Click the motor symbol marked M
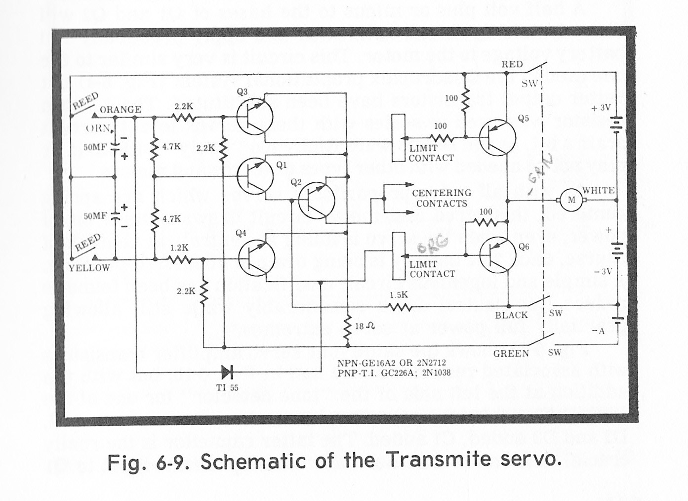pyautogui.click(x=572, y=200)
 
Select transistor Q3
pyautogui.click(x=254, y=117)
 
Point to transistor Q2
pyautogui.click(x=317, y=200)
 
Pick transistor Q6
pyautogui.click(x=497, y=254)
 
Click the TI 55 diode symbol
pyautogui.click(x=228, y=372)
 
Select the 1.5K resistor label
pyautogui.click(x=399, y=295)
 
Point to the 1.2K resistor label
pyautogui.click(x=179, y=248)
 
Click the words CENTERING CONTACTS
pyautogui.click(x=442, y=198)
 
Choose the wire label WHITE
pyautogui.click(x=599, y=190)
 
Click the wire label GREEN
pyautogui.click(x=511, y=353)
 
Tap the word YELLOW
pyautogui.click(x=89, y=268)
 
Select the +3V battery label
pyautogui.click(x=601, y=107)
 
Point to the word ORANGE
pyautogui.click(x=121, y=109)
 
